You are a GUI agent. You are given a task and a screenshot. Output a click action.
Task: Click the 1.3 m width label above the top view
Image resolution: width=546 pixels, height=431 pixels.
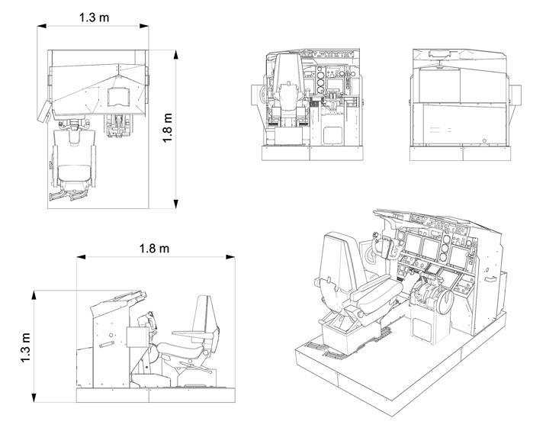coord(94,14)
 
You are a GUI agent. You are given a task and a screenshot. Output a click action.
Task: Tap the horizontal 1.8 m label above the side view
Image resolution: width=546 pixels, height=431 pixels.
coord(153,248)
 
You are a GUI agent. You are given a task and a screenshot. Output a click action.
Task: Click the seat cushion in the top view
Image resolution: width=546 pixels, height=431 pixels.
coord(73,172)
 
